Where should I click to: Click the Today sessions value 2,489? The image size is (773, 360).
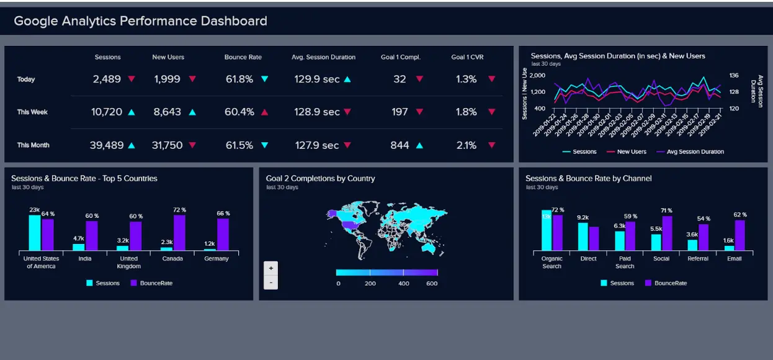pos(107,79)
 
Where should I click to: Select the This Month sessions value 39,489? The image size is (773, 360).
pos(107,145)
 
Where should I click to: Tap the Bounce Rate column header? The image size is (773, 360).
pos(243,57)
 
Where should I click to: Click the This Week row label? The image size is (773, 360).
pos(32,112)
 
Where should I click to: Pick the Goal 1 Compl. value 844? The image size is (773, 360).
pos(400,145)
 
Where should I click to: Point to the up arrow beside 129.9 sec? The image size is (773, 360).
pos(347,79)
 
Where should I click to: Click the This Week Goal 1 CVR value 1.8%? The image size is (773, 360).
pos(466,112)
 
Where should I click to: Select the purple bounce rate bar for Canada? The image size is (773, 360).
pos(179,232)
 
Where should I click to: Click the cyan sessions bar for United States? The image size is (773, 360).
pos(35,232)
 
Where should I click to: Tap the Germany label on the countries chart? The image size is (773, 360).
pos(216,259)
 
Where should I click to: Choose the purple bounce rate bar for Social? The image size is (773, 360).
pos(667,233)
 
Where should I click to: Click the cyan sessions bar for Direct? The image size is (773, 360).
pos(583,236)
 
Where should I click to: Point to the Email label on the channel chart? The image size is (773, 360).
pos(734,259)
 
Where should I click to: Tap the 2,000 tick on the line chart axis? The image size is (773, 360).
pos(537,75)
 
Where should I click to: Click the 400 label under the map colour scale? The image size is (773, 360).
pos(403,284)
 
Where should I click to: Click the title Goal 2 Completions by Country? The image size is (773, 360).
pos(320,179)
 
